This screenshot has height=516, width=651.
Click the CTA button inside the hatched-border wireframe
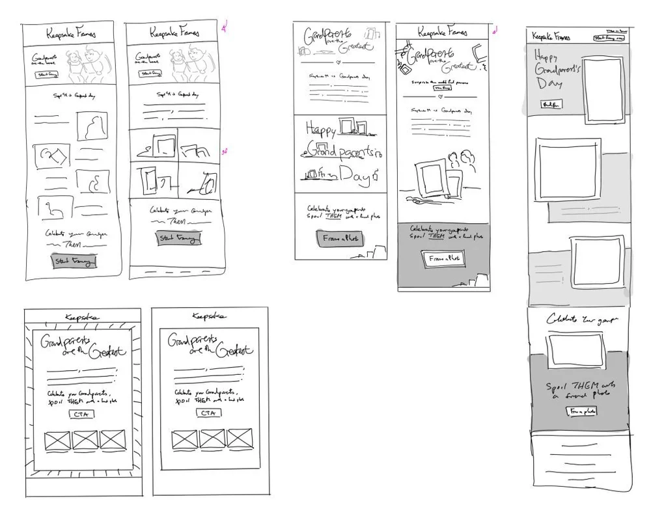point(83,414)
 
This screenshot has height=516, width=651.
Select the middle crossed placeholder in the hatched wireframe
point(85,441)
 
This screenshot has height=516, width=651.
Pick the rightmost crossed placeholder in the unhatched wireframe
point(239,439)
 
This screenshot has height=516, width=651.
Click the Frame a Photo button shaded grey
point(340,239)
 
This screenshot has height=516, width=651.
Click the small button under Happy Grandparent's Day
point(551,105)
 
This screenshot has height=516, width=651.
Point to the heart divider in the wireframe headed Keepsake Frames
point(441,96)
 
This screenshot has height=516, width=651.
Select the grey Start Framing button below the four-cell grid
point(178,239)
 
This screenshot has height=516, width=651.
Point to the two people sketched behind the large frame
point(461,165)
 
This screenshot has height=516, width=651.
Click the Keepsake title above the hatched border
point(82,317)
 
